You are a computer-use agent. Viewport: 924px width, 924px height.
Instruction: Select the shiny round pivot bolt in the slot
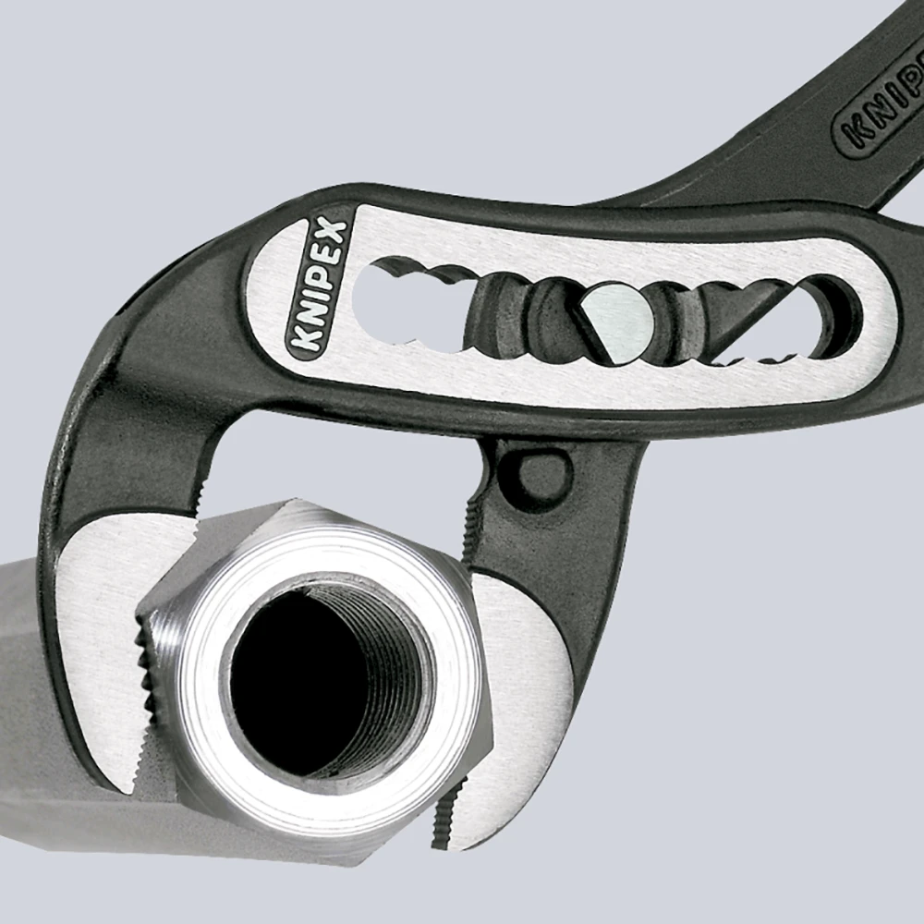point(617,319)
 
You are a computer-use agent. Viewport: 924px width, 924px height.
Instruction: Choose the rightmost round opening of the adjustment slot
point(836,319)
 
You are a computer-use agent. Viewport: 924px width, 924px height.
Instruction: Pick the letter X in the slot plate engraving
point(335,233)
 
